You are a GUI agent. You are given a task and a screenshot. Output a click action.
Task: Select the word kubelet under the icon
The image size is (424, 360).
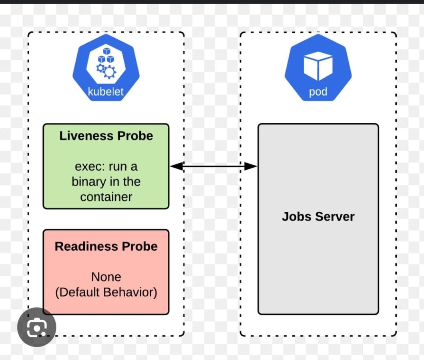pos(106,92)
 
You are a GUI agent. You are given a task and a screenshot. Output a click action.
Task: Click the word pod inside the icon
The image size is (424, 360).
pos(318,92)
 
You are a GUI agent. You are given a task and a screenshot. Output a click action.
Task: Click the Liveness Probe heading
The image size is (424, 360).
pos(106,136)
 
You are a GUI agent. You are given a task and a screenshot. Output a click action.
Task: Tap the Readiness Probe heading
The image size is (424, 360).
pos(106,246)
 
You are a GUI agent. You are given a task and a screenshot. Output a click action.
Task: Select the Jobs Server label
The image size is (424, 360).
pos(318,217)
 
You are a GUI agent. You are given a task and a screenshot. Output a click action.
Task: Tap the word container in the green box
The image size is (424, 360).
pos(106,197)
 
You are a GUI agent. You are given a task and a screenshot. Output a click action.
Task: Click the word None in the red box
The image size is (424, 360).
pos(106,277)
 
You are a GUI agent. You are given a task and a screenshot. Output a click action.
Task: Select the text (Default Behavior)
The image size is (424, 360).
pos(106,292)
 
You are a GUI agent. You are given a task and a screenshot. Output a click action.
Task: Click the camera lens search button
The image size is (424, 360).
pos(36,327)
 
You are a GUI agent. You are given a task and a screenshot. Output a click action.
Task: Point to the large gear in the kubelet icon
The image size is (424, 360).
pos(110,72)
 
